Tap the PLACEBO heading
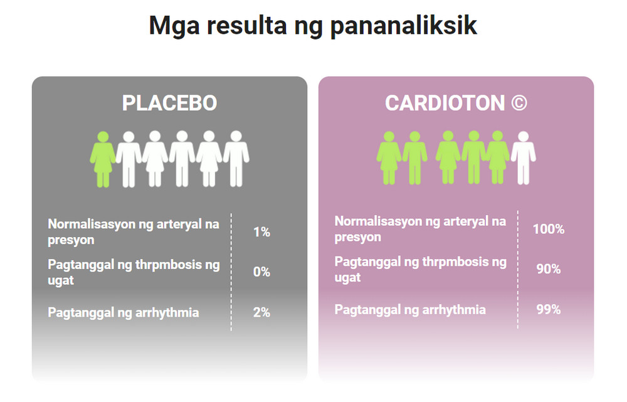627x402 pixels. click(169, 103)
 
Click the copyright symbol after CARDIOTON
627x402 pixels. click(519, 103)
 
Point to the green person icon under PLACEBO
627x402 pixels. click(102, 158)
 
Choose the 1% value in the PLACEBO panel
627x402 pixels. click(261, 232)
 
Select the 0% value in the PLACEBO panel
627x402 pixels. click(261, 272)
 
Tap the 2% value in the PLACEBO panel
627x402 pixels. click(261, 312)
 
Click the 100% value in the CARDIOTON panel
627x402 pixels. click(549, 230)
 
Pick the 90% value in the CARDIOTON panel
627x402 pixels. click(549, 270)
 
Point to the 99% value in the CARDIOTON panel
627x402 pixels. click(549, 310)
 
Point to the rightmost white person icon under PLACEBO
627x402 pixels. click(236, 158)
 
